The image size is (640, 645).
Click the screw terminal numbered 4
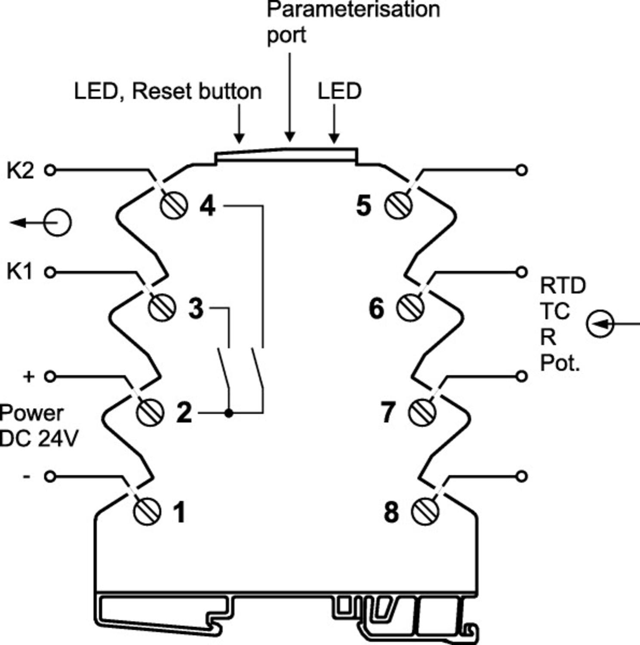pyautogui.click(x=174, y=206)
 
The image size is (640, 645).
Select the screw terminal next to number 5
pyautogui.click(x=398, y=206)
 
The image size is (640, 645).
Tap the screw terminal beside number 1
pyautogui.click(x=147, y=512)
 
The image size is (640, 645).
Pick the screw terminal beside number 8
pyautogui.click(x=425, y=512)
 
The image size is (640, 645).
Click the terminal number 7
pyautogui.click(x=388, y=412)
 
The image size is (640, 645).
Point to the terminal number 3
pyautogui.click(x=196, y=308)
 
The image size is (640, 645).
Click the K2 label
pyautogui.click(x=20, y=171)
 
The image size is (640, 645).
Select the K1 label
pyautogui.click(x=20, y=272)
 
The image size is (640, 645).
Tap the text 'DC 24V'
pyautogui.click(x=39, y=439)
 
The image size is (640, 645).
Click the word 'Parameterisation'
pyautogui.click(x=353, y=9)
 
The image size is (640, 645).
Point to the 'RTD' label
pyautogui.click(x=563, y=286)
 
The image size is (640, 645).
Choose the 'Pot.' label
pyautogui.click(x=560, y=363)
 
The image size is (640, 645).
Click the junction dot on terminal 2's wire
pyautogui.click(x=229, y=413)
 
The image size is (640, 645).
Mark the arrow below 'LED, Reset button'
pyautogui.click(x=240, y=125)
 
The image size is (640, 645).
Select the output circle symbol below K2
pyautogui.click(x=58, y=223)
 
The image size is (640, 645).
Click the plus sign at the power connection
pyautogui.click(x=28, y=377)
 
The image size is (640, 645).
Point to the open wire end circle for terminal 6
pyautogui.click(x=521, y=272)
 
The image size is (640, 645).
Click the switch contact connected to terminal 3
pyautogui.click(x=224, y=368)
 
